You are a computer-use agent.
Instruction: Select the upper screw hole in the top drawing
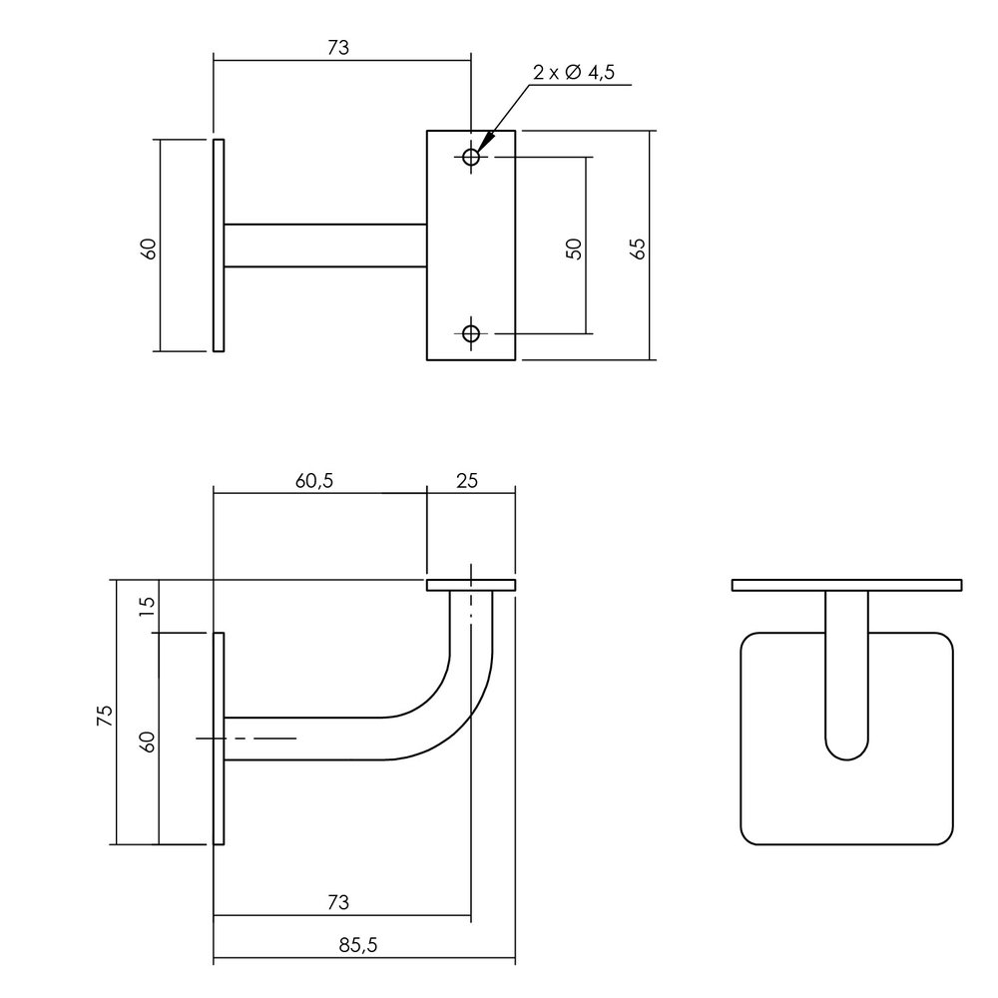pos(471,157)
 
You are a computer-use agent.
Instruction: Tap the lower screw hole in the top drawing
pos(471,333)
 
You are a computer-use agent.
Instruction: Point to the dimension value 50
pos(574,249)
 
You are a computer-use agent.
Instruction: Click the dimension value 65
pos(640,248)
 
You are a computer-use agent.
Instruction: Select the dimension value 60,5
pos(313,480)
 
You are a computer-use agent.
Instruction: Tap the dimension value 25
pos(467,480)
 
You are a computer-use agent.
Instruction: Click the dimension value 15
pos(147,606)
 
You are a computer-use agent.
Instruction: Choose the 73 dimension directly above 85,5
pos(338,902)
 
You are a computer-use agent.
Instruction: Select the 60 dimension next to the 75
pos(147,742)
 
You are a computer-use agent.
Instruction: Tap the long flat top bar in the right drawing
pos(846,585)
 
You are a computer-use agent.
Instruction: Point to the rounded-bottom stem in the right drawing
pos(847,679)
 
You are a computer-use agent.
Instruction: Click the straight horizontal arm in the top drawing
pos(325,246)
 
